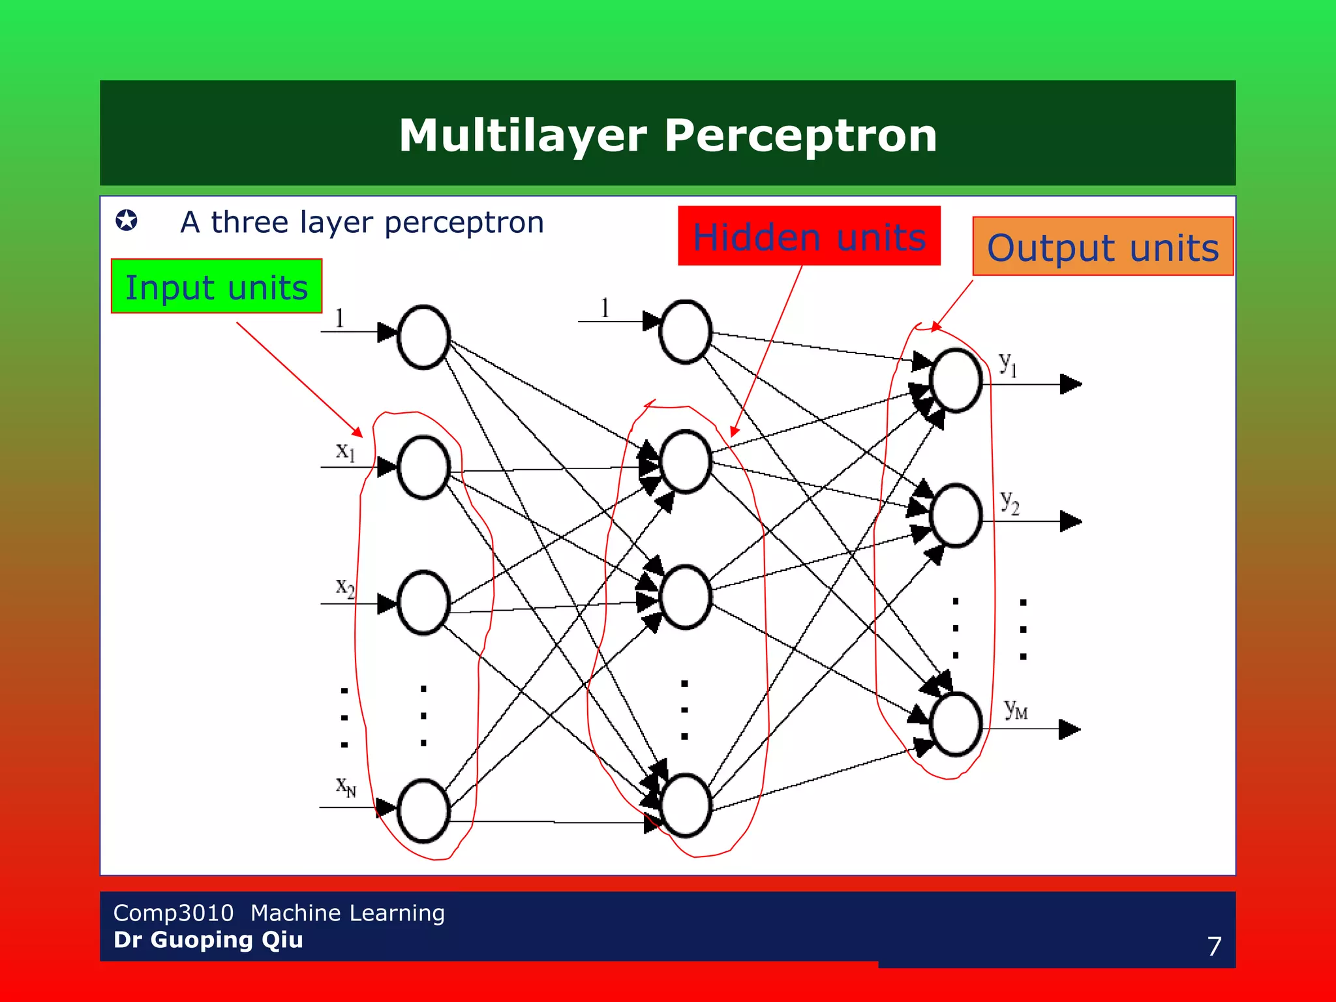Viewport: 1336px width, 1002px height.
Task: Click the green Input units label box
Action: coord(216,286)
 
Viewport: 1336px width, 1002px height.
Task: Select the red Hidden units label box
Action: coord(809,236)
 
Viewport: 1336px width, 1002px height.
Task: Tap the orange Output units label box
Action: coord(1102,247)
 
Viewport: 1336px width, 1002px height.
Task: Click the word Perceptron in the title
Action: coord(800,135)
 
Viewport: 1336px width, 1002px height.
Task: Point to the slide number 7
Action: coord(1214,946)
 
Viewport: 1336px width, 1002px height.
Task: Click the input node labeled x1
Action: coord(423,467)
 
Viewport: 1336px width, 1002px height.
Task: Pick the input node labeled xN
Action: coord(423,811)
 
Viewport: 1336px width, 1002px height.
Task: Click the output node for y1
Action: coord(956,380)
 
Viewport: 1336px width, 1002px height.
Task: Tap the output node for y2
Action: coord(956,515)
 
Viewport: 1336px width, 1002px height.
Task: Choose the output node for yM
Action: coord(956,724)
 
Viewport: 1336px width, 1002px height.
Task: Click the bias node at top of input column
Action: coord(423,337)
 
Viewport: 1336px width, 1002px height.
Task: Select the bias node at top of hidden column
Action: coord(685,331)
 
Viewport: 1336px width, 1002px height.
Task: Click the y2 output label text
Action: coord(1010,502)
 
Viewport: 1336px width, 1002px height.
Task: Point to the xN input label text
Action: coord(346,786)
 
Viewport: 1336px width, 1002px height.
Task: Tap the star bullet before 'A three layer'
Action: coord(127,220)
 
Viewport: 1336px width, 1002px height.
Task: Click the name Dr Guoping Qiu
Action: coord(208,940)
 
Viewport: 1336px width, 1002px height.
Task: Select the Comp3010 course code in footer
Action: coord(173,913)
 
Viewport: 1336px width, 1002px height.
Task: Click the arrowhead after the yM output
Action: coord(1069,729)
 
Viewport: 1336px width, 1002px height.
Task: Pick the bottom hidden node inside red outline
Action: coord(685,806)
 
